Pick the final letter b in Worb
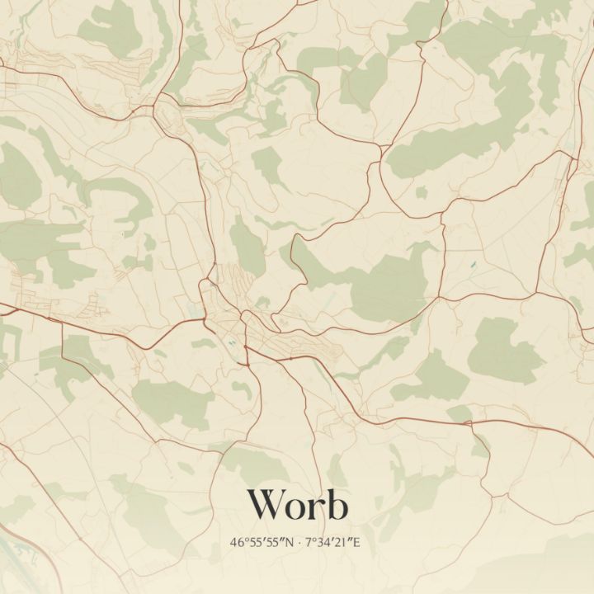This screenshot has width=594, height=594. (x=336, y=504)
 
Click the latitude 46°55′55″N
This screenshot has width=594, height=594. (x=263, y=543)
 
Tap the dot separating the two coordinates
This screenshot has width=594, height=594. (x=299, y=543)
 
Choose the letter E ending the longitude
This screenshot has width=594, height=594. (x=359, y=543)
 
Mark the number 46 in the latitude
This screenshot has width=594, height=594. (x=238, y=543)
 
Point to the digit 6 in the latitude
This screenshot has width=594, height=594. (x=240, y=543)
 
